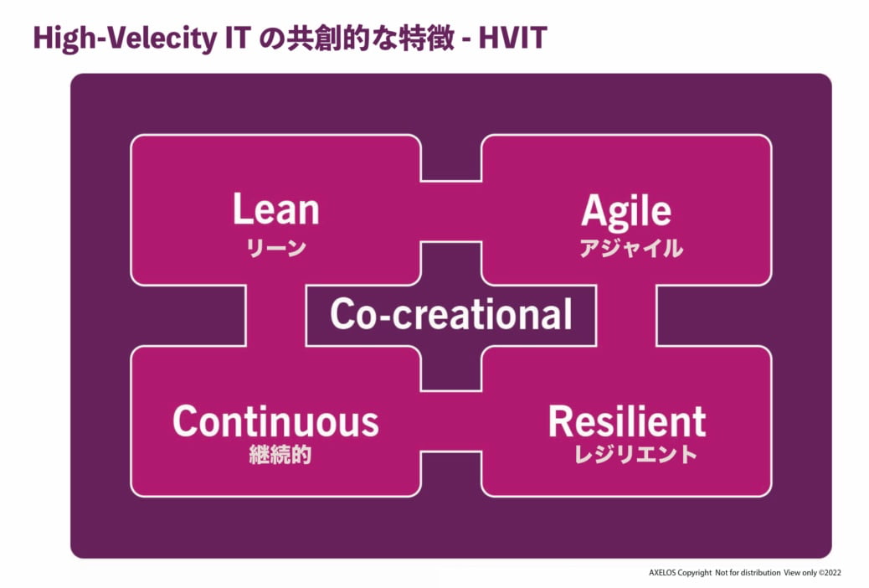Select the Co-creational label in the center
pyautogui.click(x=450, y=314)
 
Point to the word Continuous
pyautogui.click(x=275, y=421)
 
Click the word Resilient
pyautogui.click(x=626, y=421)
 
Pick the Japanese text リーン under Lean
pyautogui.click(x=275, y=248)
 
